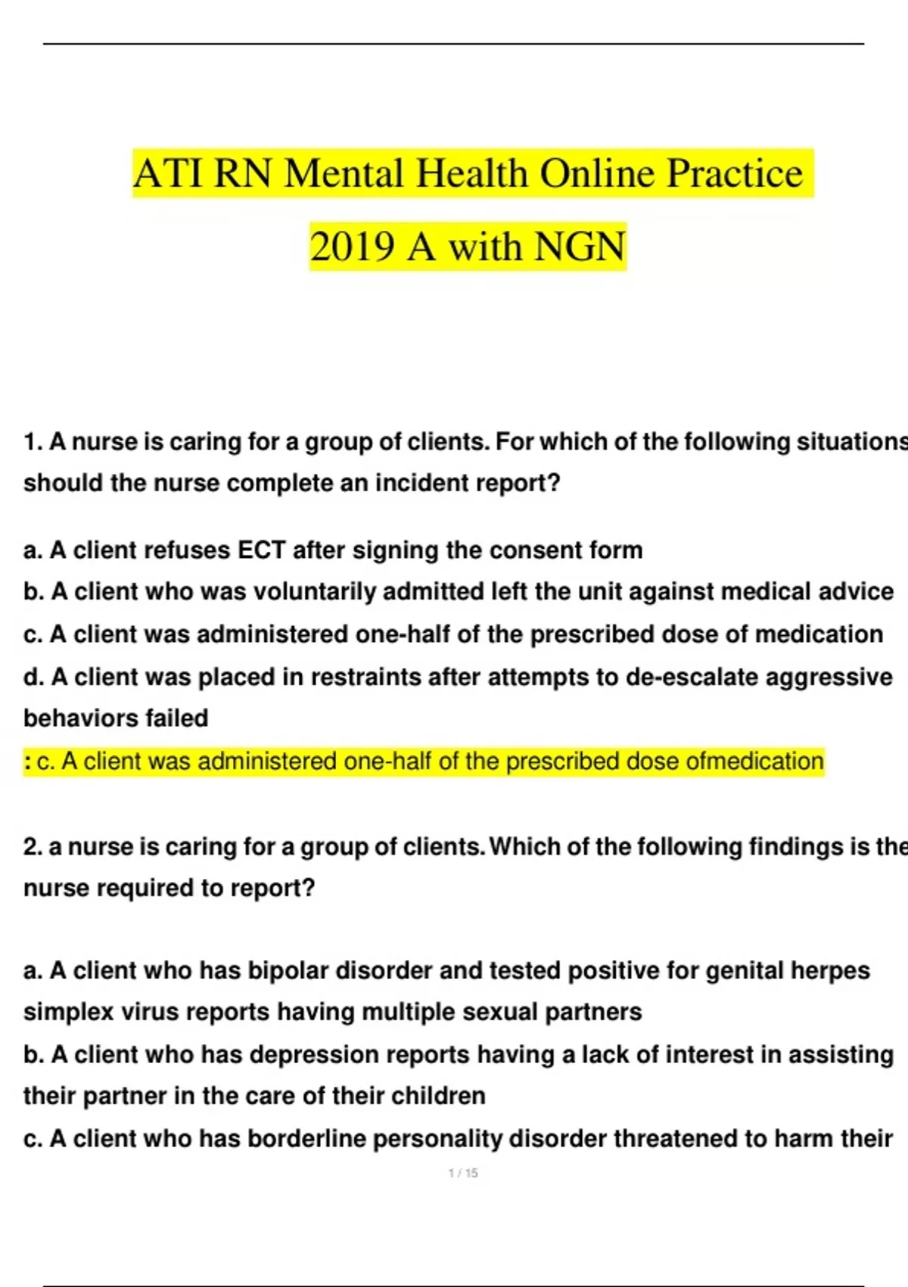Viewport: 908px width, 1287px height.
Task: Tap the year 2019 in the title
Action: (x=352, y=247)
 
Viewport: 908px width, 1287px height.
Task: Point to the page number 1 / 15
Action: (x=463, y=1173)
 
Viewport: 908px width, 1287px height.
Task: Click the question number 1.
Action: (x=32, y=441)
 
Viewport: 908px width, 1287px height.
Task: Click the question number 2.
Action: (x=32, y=846)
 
